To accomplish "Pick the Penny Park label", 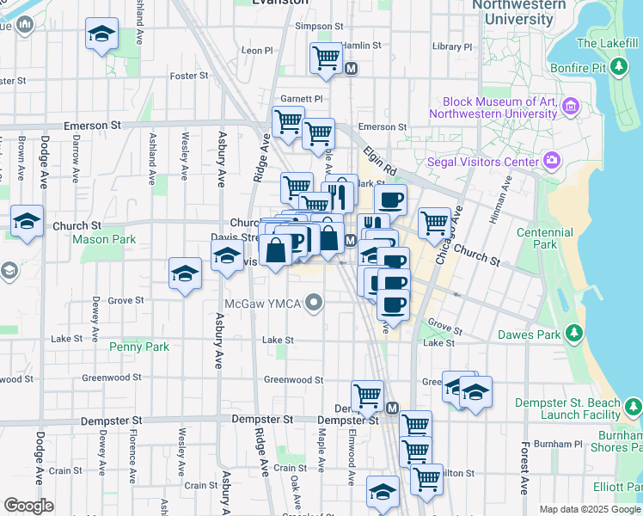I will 139,347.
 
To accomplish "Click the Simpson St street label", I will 319,27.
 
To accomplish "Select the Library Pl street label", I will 453,46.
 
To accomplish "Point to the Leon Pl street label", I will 256,51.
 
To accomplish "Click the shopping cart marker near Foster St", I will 326,58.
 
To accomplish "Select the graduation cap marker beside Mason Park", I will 28,221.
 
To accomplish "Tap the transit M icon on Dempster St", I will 392,408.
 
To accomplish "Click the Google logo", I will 29,506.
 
